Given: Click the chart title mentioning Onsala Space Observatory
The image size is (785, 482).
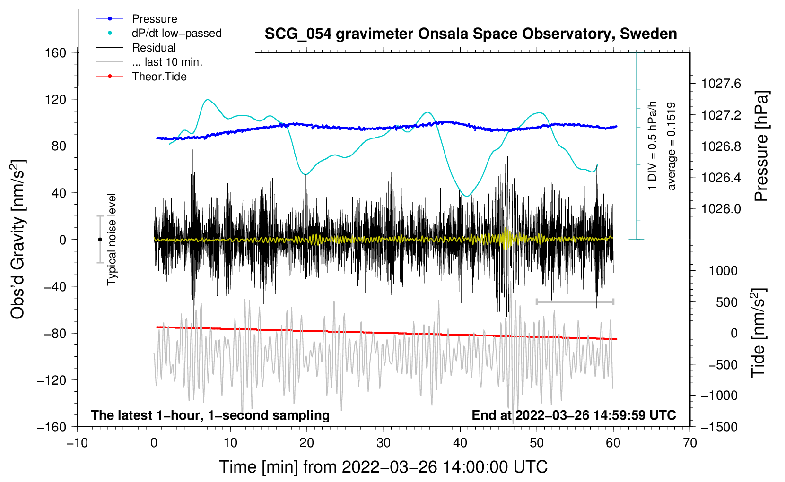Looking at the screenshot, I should [x=471, y=34].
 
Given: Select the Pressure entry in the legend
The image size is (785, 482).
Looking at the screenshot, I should [x=154, y=19].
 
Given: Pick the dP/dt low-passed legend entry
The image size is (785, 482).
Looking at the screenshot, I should [x=176, y=33].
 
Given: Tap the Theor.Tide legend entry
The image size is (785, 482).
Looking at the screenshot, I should [x=159, y=77].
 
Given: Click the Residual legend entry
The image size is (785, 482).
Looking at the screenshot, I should [x=154, y=48].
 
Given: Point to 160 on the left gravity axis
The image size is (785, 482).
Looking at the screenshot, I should [x=55, y=52].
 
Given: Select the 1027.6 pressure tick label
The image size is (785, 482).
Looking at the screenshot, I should [x=721, y=84].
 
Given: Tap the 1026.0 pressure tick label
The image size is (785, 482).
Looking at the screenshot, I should [x=721, y=209].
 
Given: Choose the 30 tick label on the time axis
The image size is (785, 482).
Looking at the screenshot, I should [x=384, y=443].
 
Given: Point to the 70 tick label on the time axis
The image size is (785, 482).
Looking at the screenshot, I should [x=690, y=443].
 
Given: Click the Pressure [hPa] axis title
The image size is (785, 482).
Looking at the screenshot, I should [x=761, y=146].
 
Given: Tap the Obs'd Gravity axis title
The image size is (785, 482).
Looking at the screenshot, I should [x=18, y=239].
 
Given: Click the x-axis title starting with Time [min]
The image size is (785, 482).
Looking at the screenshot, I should [x=383, y=467].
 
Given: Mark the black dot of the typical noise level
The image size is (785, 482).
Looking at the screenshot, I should [x=100, y=240].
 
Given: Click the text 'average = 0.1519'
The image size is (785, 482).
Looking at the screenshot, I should [x=672, y=146].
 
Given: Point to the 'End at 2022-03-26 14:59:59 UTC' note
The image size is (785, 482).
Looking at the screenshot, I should [x=574, y=415].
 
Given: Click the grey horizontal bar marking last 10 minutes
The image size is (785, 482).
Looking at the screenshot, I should [x=575, y=301].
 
